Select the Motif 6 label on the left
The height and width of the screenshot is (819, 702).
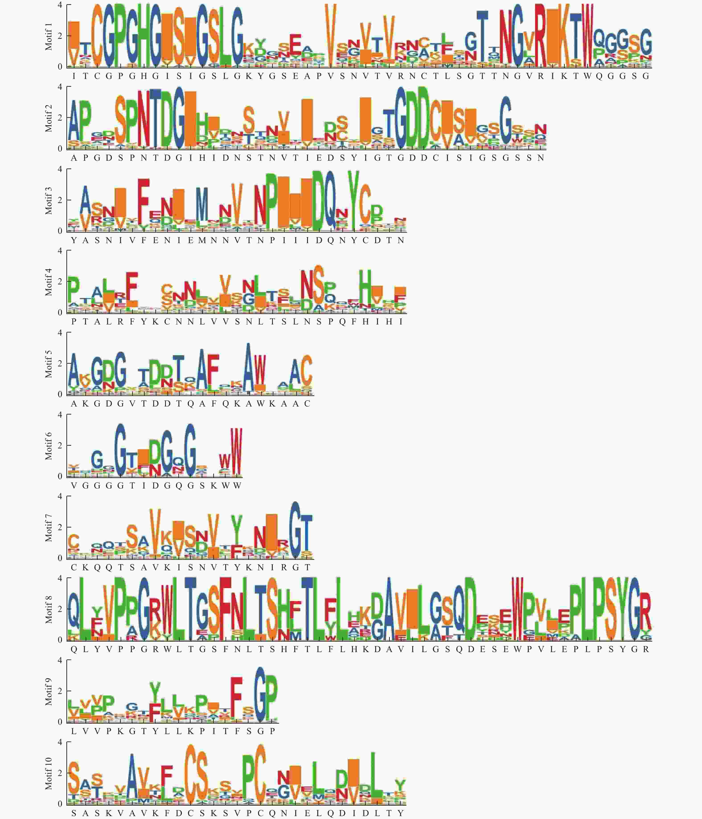click(x=48, y=446)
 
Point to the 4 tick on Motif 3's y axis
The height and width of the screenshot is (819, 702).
click(x=60, y=169)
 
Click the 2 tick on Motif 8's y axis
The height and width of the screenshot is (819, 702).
click(x=60, y=609)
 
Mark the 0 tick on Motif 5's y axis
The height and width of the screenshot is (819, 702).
click(x=60, y=394)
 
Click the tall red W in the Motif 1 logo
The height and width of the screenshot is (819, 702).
click(x=588, y=36)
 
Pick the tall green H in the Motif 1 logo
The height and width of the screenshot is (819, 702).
click(x=144, y=36)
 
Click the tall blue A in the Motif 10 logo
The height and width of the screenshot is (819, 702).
click(x=132, y=776)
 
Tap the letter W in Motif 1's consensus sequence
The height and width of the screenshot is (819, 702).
click(x=588, y=76)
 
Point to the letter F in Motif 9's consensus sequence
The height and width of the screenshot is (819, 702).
click(x=237, y=731)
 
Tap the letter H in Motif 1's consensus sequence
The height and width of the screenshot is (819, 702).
click(x=144, y=76)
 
